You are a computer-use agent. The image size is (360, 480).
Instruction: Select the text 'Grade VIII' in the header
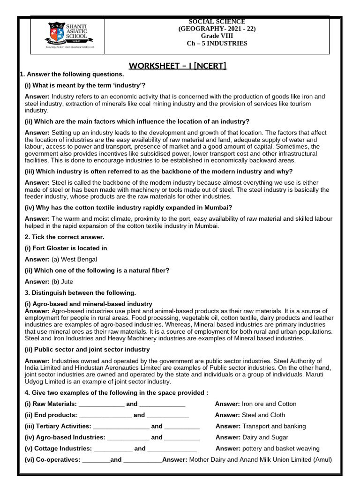[x=216, y=36]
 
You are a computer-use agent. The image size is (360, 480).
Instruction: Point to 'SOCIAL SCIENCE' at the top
[x=216, y=22]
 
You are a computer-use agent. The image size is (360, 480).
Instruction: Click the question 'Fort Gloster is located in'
[x=66, y=248]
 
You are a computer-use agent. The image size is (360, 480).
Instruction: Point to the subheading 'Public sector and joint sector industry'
[x=87, y=349]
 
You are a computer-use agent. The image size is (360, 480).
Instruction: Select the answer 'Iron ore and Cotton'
[x=269, y=404]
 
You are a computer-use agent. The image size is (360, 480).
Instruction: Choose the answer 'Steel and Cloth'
[x=263, y=415]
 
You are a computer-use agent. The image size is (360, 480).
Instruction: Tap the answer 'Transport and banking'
[x=273, y=426]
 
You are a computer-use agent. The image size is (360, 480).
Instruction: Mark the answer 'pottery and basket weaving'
[x=280, y=449]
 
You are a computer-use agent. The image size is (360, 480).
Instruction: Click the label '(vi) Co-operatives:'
[x=52, y=460]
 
